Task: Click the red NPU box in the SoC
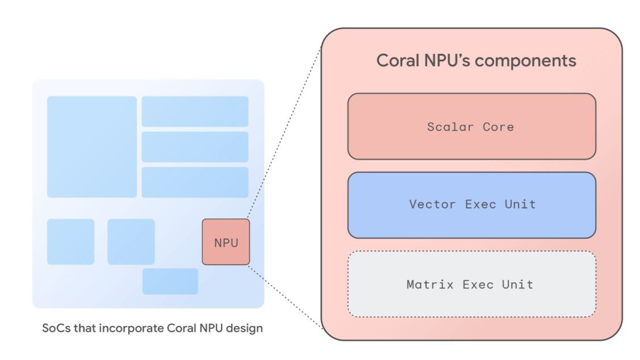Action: tap(225, 242)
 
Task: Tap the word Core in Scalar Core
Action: tap(498, 127)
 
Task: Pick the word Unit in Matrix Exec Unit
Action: tap(517, 284)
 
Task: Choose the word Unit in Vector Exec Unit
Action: tap(520, 204)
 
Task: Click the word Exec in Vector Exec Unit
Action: tap(480, 204)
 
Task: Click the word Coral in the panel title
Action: tap(397, 61)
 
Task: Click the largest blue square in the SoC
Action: tap(91, 146)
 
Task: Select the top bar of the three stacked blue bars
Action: tap(195, 111)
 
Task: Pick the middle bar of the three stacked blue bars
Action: tap(195, 146)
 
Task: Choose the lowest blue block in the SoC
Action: tap(170, 281)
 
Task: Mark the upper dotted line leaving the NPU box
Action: tap(284, 136)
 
